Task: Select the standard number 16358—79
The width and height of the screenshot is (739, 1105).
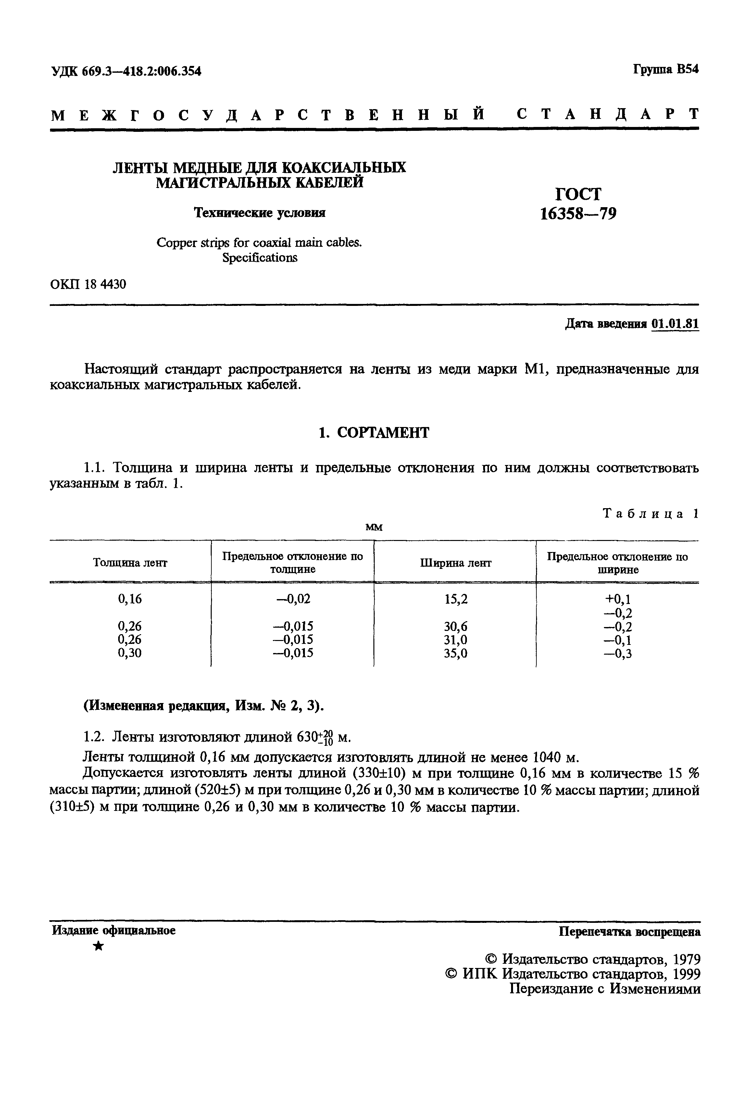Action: pyautogui.click(x=578, y=214)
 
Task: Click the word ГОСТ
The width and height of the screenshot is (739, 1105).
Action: pyautogui.click(x=578, y=194)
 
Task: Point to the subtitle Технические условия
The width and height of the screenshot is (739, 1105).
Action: pyautogui.click(x=260, y=213)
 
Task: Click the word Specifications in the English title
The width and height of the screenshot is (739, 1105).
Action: pyautogui.click(x=260, y=258)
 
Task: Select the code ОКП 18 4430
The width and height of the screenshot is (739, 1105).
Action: pyautogui.click(x=88, y=285)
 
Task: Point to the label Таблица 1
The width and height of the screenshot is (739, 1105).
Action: pyautogui.click(x=650, y=514)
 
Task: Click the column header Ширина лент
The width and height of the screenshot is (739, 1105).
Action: pyautogui.click(x=455, y=563)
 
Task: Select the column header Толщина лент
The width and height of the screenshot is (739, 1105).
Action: pyautogui.click(x=130, y=563)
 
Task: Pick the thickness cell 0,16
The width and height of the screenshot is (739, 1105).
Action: pyautogui.click(x=130, y=599)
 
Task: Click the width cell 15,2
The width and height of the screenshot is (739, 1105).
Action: pyautogui.click(x=456, y=599)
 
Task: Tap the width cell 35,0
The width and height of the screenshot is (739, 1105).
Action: pyautogui.click(x=456, y=654)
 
